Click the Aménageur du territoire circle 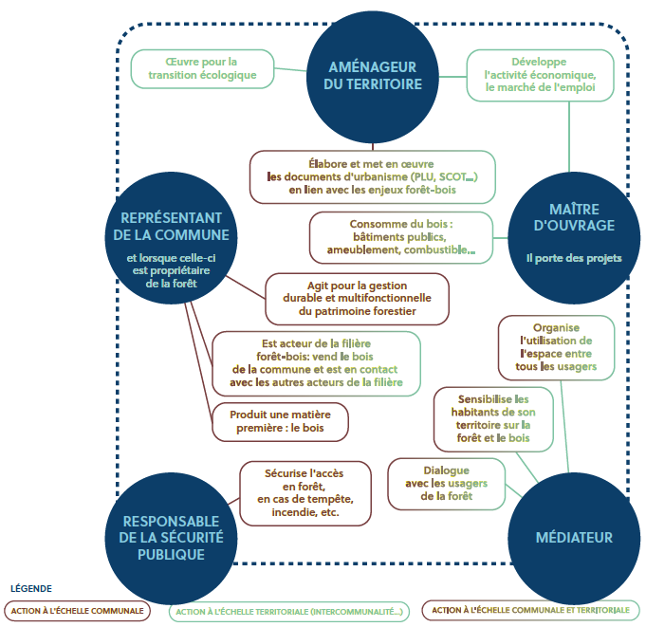(369, 74)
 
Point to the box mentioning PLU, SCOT (373, 176)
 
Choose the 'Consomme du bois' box (400, 237)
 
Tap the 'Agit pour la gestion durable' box (357, 297)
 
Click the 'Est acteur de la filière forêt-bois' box (316, 363)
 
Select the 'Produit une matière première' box (280, 422)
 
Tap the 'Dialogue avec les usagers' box (446, 483)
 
